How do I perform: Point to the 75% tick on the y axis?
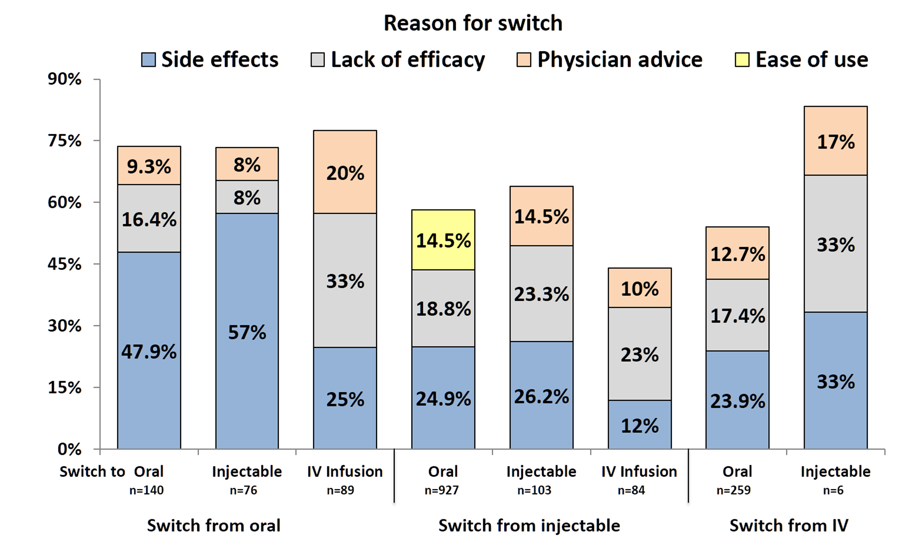click(x=64, y=141)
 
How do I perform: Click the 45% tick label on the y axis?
click(x=64, y=265)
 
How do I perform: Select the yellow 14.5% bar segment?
click(x=443, y=240)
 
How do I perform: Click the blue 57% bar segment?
click(x=247, y=331)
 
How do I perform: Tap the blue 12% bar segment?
click(x=639, y=425)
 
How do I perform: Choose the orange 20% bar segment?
click(x=345, y=172)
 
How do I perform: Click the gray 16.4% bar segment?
click(x=149, y=219)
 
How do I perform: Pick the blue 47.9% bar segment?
click(x=149, y=351)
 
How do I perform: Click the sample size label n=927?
click(x=442, y=490)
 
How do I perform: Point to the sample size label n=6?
click(x=833, y=490)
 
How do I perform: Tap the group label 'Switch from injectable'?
click(x=529, y=526)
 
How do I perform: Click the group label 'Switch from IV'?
click(x=789, y=526)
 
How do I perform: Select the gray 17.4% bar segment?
click(x=737, y=315)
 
